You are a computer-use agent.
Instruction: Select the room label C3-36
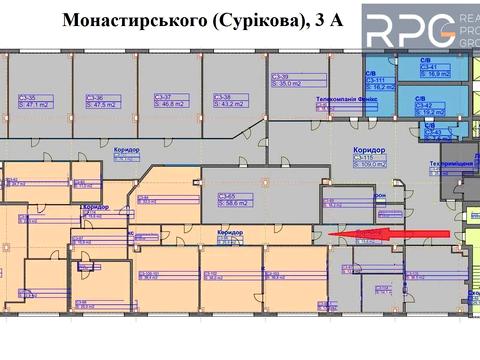click(95, 97)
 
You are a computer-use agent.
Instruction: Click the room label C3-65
click(231, 196)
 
